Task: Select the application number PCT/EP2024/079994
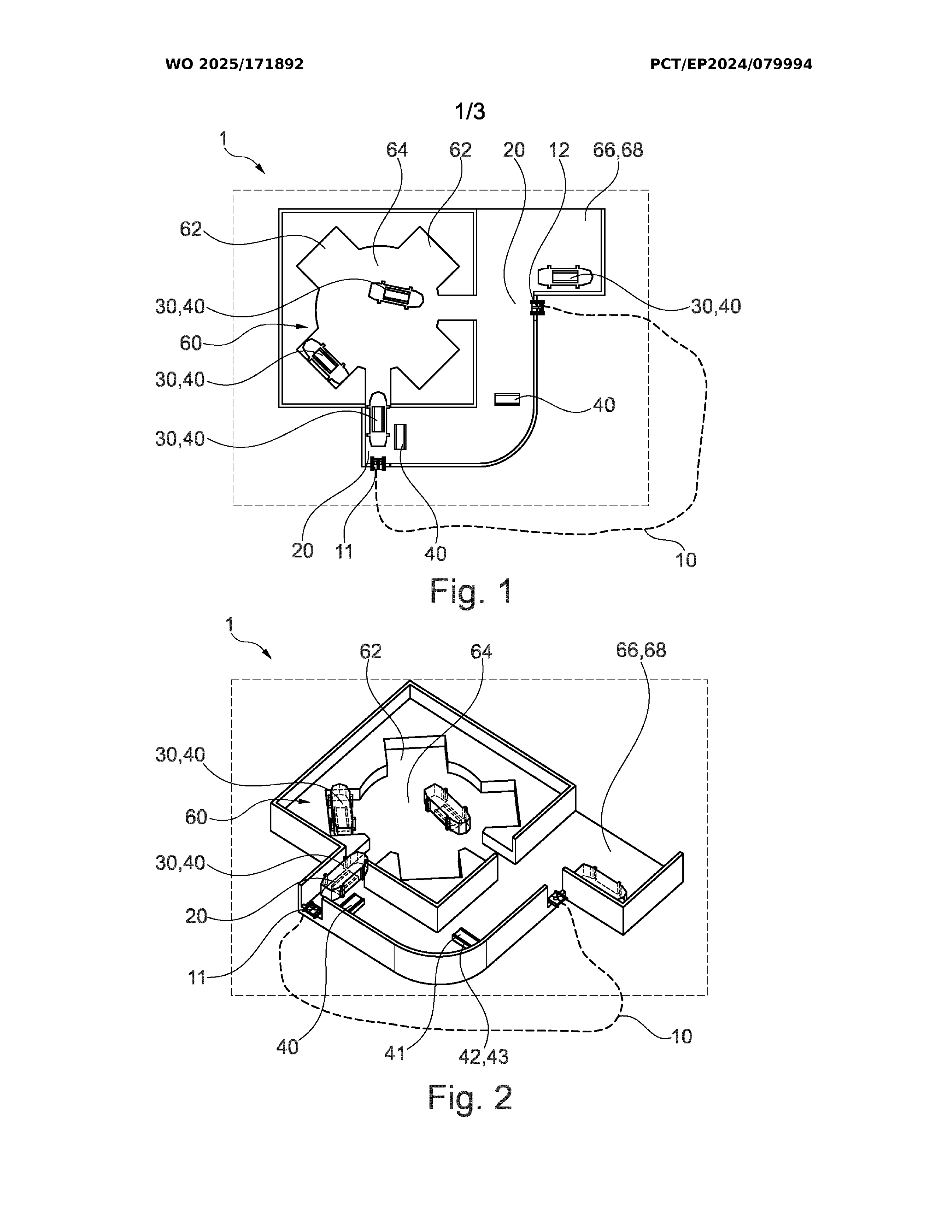[731, 64]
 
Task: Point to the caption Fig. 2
[470, 1098]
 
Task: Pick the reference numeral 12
[559, 150]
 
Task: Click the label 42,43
[483, 1056]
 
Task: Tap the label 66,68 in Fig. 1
[618, 150]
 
